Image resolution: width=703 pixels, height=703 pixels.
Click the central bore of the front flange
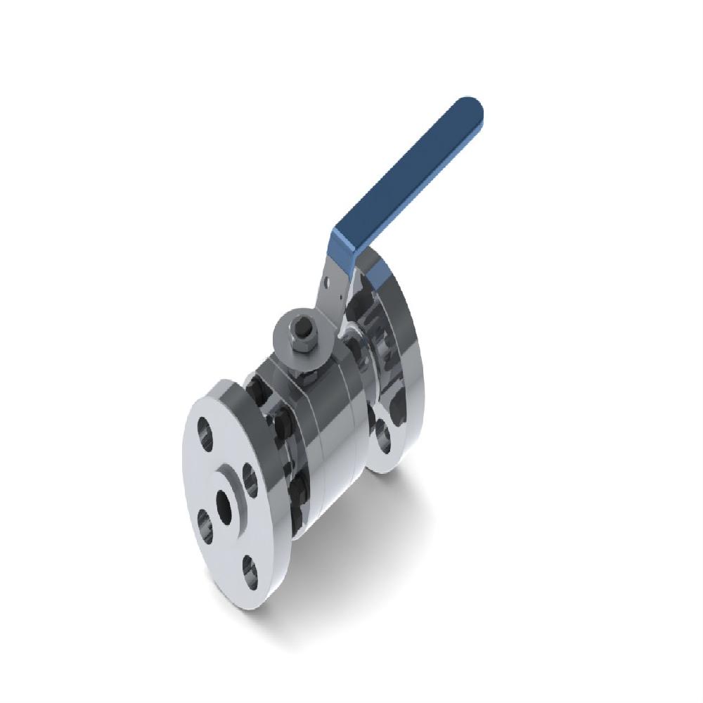pyautogui.click(x=225, y=505)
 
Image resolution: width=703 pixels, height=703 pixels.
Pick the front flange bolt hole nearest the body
pyautogui.click(x=249, y=477)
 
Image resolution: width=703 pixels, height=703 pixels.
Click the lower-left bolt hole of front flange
pyautogui.click(x=205, y=524)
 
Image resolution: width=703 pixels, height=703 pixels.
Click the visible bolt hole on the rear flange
pyautogui.click(x=382, y=436)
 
